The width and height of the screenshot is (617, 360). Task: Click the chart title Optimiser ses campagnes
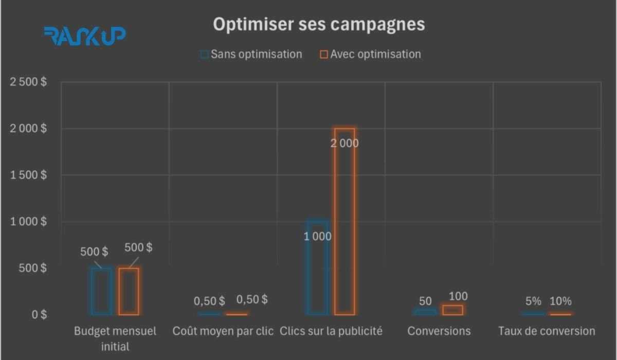point(319,24)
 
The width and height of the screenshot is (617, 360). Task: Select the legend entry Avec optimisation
point(370,54)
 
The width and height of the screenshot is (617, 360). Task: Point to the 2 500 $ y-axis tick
point(28,82)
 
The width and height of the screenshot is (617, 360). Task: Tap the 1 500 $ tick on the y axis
point(28,175)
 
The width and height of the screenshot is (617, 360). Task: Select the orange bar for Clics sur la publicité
point(344,221)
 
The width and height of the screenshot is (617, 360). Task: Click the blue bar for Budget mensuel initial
point(101,291)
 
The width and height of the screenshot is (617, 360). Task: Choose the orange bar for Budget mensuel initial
point(129,291)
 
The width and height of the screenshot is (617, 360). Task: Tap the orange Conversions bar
point(452,310)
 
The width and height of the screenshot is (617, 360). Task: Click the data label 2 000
point(344,143)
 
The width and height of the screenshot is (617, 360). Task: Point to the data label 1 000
point(317,237)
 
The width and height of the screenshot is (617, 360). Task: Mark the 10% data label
point(560,301)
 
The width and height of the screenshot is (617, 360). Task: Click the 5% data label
point(533,301)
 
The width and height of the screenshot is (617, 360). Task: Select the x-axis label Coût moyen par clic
point(223,331)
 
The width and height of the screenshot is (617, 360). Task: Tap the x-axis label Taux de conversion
point(547,331)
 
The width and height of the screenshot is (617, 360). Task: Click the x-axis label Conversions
point(439,331)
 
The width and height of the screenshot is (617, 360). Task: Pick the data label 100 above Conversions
point(458,296)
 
